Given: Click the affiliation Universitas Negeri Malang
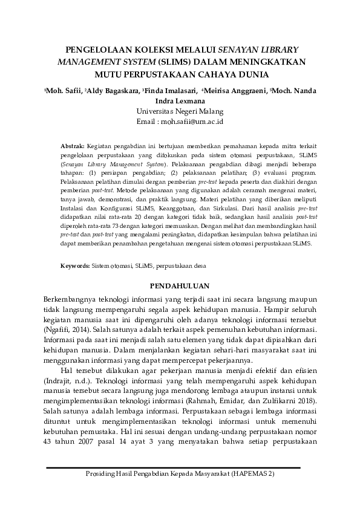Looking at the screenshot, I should [180, 111].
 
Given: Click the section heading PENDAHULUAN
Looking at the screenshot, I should [179, 285].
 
